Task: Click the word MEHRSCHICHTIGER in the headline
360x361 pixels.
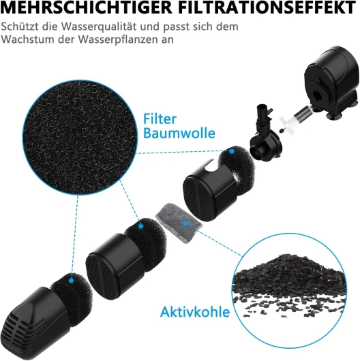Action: coord(86,7)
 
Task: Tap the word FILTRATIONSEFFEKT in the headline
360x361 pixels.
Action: coord(267,7)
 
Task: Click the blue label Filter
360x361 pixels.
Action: coord(160,119)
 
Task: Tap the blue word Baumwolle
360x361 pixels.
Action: coord(179,133)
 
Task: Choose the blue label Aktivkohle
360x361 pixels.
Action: coord(195,312)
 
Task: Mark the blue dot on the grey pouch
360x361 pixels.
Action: coord(185,223)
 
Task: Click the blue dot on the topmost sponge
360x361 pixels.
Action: coord(232,151)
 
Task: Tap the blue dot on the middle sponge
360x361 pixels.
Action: coord(141,226)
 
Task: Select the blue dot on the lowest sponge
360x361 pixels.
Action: coord(72,281)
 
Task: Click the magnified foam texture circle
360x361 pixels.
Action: coord(80,137)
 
